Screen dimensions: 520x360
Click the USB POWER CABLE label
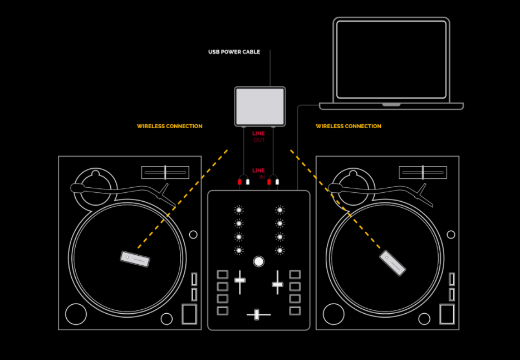(x=234, y=52)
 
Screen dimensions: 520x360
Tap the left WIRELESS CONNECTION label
(x=169, y=126)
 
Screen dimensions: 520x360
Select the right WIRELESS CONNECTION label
(x=348, y=126)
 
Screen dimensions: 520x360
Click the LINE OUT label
(x=259, y=137)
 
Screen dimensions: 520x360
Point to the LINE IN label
(x=259, y=173)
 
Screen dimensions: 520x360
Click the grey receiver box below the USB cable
(x=260, y=106)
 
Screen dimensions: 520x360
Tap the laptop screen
(x=391, y=60)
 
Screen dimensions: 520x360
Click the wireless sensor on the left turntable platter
(x=135, y=259)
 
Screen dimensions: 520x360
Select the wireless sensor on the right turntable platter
(x=393, y=263)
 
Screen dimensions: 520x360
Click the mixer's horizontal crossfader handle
(x=256, y=314)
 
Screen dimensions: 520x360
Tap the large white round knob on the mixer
(x=259, y=261)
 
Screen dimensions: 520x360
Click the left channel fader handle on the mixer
(x=240, y=280)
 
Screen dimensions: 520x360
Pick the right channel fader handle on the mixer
(x=278, y=285)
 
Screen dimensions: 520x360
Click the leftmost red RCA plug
(x=239, y=182)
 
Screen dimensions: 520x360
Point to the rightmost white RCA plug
(x=277, y=182)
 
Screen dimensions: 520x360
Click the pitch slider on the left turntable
(x=165, y=173)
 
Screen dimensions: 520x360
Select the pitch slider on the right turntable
(x=423, y=173)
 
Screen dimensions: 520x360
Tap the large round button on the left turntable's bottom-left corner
(x=76, y=314)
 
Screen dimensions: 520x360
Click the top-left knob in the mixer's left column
(x=239, y=210)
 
